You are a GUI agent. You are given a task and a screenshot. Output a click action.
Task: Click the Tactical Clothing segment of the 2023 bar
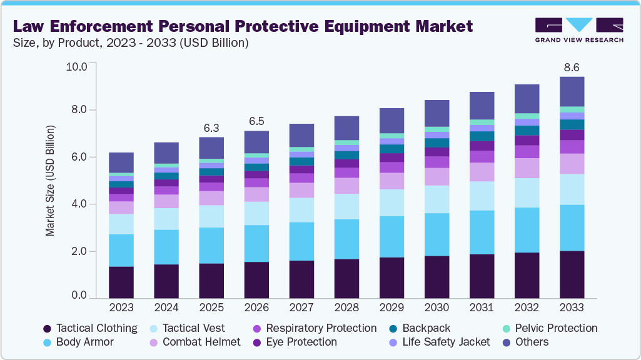121,282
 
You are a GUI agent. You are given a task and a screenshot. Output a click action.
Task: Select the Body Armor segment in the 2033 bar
571,227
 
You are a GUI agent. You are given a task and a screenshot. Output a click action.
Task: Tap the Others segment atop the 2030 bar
437,113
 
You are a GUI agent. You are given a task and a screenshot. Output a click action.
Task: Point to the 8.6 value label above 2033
572,67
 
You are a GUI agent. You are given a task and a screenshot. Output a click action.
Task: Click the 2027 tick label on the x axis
302,308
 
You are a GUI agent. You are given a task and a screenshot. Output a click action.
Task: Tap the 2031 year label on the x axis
481,308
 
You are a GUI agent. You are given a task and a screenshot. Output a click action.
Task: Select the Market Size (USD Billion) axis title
50,181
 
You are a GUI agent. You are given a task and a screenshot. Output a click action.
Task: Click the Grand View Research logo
579,30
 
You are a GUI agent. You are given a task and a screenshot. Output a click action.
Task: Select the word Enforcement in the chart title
118,26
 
